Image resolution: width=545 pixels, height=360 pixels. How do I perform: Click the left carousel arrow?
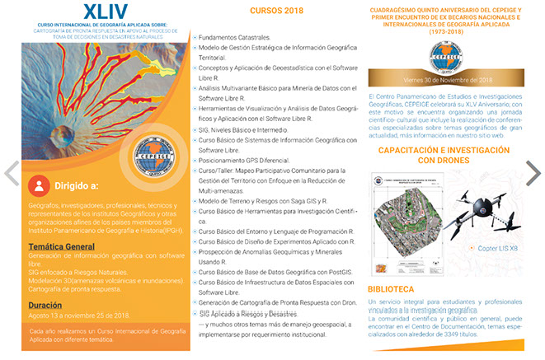pos(12,172)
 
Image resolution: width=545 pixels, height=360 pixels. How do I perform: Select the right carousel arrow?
pos(533,172)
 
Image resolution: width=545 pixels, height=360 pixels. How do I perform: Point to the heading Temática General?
pos(61,246)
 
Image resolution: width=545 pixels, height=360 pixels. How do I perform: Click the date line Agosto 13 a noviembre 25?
pos(78,316)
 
